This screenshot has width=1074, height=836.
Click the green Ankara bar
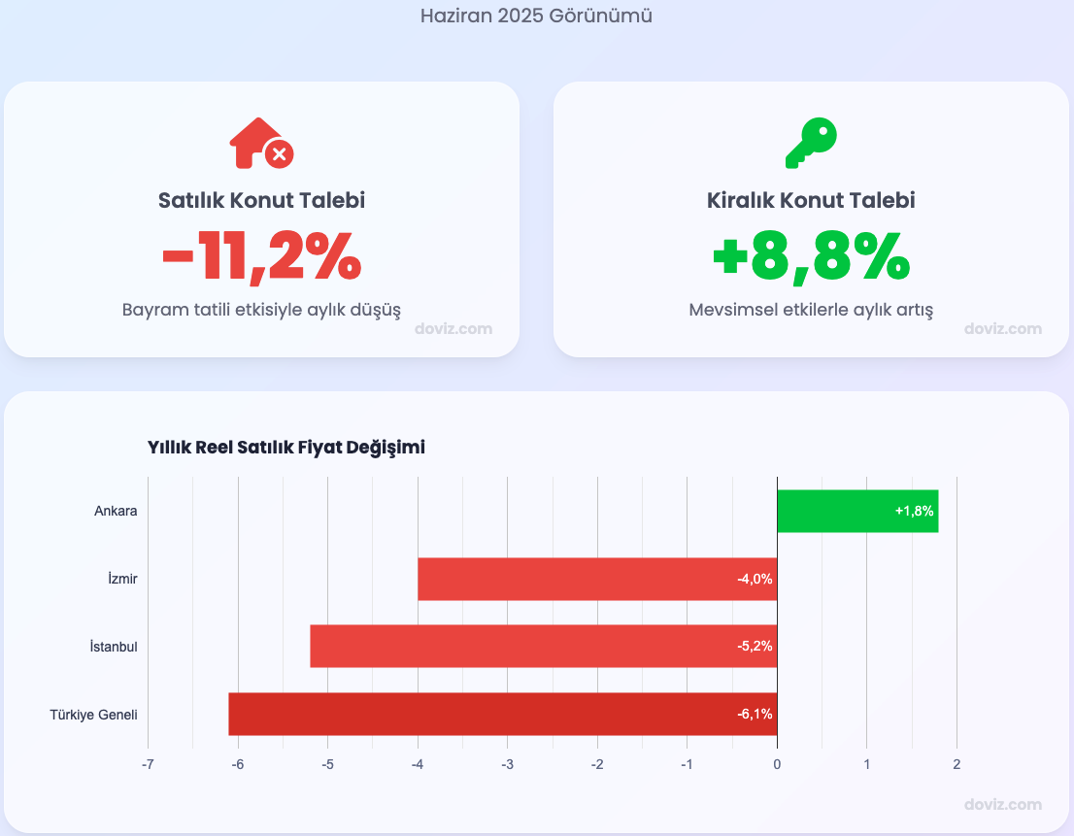tap(856, 512)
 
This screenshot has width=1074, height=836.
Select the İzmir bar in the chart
tap(596, 580)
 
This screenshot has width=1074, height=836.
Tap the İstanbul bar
tap(543, 647)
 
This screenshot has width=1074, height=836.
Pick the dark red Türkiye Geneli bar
tap(502, 715)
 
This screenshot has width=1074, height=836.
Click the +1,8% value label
tap(914, 512)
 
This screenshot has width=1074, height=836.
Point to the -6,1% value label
tap(755, 715)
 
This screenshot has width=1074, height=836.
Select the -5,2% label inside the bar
tap(755, 647)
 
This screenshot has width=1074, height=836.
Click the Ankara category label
tap(116, 512)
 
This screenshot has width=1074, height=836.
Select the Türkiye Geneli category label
tap(93, 715)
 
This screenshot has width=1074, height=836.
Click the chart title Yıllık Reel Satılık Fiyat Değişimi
tap(286, 448)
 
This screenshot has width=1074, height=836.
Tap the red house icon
tap(260, 144)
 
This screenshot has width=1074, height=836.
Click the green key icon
tap(811, 143)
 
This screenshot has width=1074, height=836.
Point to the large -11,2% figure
tap(261, 257)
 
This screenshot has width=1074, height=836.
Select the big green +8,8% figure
tap(811, 257)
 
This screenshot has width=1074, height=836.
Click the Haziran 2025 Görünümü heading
tap(536, 17)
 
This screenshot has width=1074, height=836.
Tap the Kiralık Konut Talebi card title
tap(811, 201)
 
